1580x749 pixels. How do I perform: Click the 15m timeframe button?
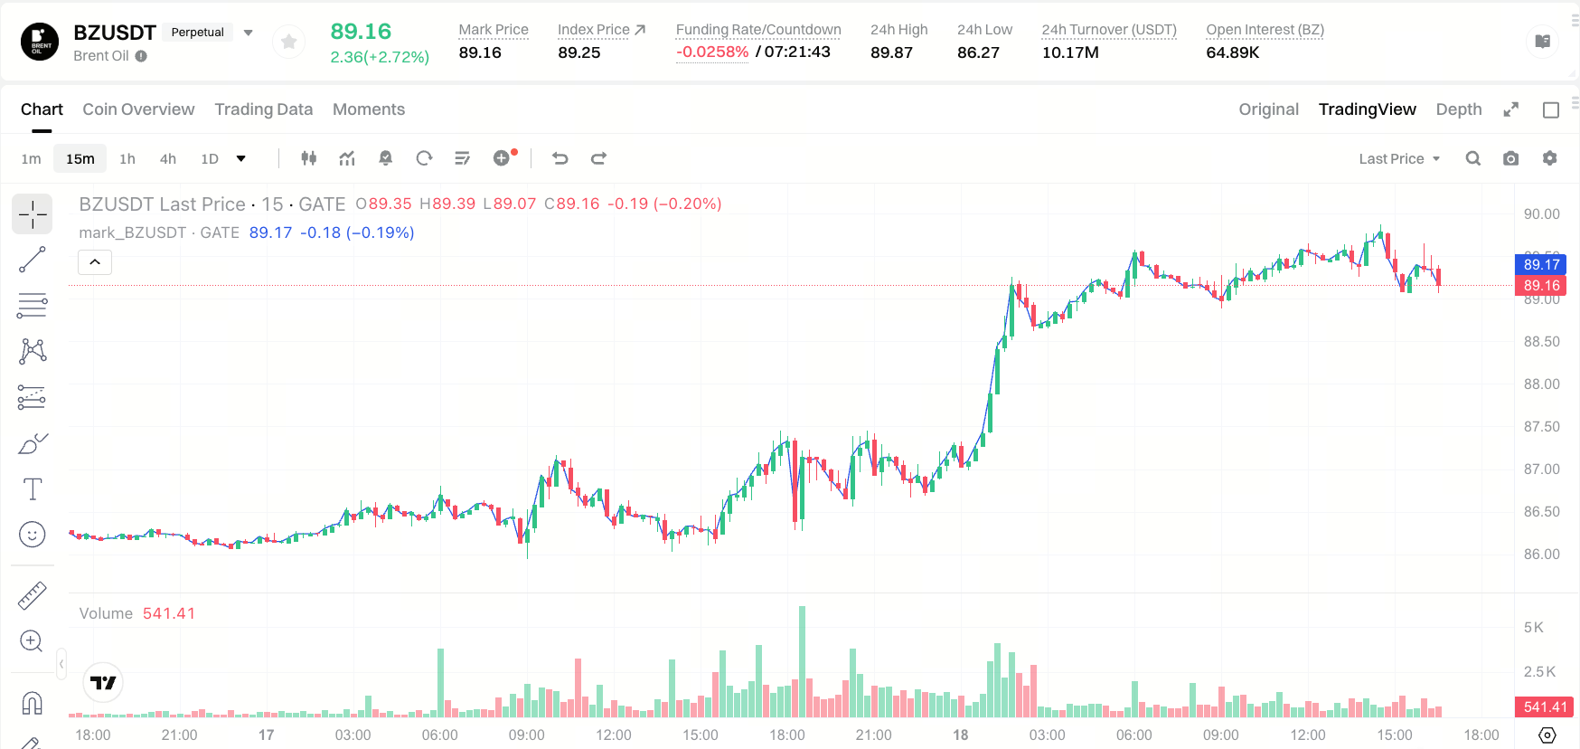click(x=80, y=158)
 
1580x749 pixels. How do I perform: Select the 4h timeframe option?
click(x=168, y=158)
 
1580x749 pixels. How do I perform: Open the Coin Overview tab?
click(x=138, y=109)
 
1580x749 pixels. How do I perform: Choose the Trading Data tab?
click(x=263, y=109)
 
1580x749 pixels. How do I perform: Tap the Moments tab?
click(x=369, y=109)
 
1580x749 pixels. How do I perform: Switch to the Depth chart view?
click(x=1459, y=109)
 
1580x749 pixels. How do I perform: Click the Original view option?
click(x=1268, y=109)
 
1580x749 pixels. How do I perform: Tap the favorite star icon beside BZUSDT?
click(x=289, y=42)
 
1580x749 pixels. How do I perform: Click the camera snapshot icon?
click(x=1510, y=158)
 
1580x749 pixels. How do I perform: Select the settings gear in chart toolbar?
click(x=1549, y=158)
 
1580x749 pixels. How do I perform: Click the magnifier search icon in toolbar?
click(x=1472, y=158)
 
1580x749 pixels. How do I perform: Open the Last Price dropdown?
click(x=1399, y=158)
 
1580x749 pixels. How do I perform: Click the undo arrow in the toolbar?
click(x=560, y=158)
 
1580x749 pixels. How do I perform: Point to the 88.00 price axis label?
click(x=1541, y=384)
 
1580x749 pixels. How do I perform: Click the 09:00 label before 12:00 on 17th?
click(x=526, y=735)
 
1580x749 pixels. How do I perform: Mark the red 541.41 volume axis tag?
click(x=1545, y=706)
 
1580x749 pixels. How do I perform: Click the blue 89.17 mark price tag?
click(x=1541, y=264)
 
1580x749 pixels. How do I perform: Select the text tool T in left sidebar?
click(x=33, y=489)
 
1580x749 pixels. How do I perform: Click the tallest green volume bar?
click(x=802, y=661)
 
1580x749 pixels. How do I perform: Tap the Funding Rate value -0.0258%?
click(x=712, y=52)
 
